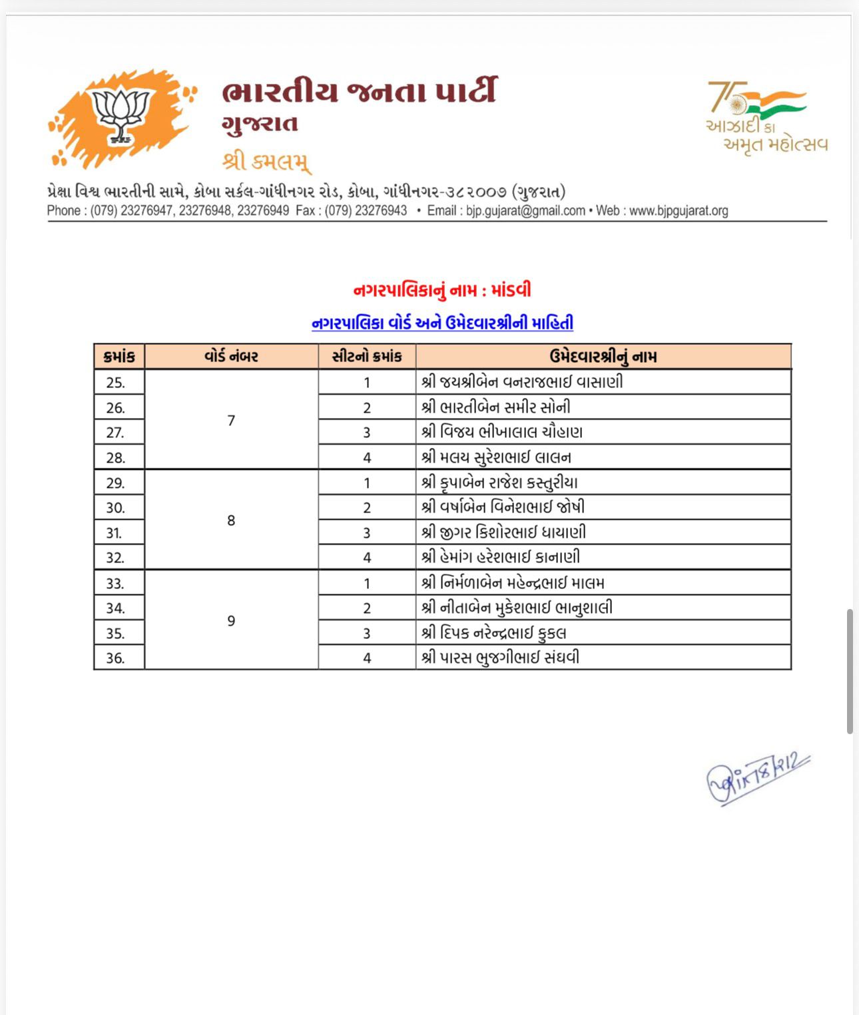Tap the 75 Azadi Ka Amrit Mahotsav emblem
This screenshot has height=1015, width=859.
766,117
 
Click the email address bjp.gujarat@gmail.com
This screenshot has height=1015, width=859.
525,211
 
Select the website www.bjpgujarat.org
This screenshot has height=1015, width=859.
679,211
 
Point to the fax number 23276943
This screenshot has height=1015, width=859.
381,211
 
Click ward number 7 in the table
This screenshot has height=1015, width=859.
231,421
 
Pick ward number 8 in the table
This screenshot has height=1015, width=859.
231,520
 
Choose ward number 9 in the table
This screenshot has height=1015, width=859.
231,621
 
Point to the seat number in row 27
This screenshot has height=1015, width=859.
367,433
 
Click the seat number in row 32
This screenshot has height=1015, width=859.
367,558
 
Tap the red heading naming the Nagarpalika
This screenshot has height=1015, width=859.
442,290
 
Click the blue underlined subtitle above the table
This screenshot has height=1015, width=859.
442,323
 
